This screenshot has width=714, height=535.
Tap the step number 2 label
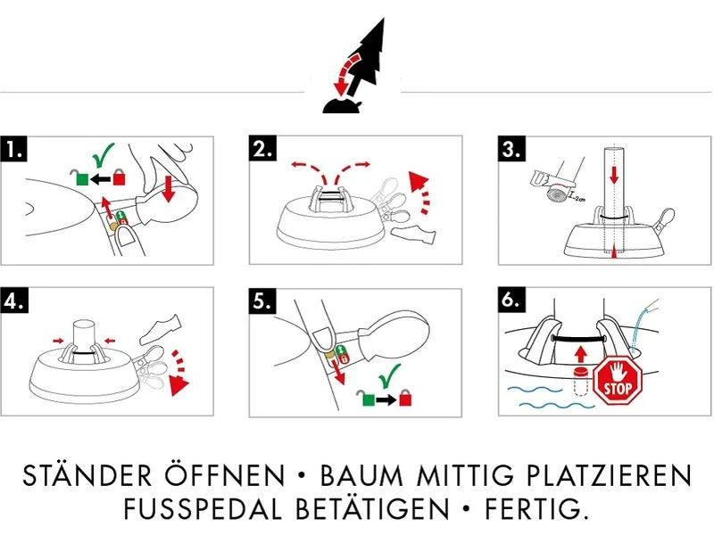262,150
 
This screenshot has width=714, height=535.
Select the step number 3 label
511,150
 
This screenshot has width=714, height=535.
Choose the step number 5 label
262,301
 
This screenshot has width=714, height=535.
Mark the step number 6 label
511,301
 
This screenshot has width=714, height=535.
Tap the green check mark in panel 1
105,158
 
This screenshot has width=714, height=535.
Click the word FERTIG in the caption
541,510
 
